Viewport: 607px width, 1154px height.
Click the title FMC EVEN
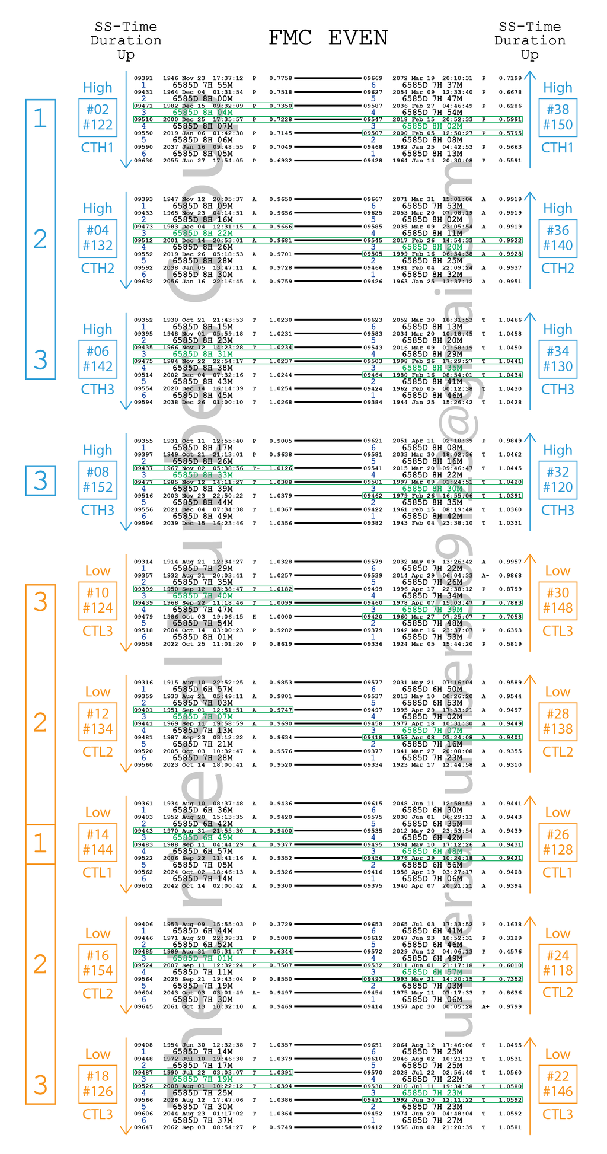pyautogui.click(x=328, y=38)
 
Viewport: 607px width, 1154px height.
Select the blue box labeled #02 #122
pyautogui.click(x=98, y=117)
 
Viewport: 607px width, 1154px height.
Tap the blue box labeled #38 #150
pyautogui.click(x=558, y=117)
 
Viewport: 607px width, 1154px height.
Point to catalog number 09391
pyautogui.click(x=143, y=78)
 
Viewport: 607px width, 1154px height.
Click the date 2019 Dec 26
pyautogui.click(x=178, y=254)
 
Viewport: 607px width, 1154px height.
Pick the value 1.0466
pyautogui.click(x=510, y=320)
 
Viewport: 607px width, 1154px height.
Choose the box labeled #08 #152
pyautogui.click(x=98, y=480)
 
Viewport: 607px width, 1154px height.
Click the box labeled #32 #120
pyautogui.click(x=558, y=480)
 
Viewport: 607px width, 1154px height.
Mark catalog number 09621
pyautogui.click(x=373, y=441)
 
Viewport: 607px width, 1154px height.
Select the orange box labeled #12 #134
pyautogui.click(x=98, y=721)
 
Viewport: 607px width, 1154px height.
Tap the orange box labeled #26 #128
pyautogui.click(x=558, y=842)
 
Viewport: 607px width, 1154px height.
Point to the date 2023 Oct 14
pyautogui.click(x=178, y=765)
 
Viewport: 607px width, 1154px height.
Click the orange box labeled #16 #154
pyautogui.click(x=98, y=963)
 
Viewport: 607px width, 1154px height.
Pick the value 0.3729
pyautogui.click(x=280, y=925)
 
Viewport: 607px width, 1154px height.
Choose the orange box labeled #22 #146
pyautogui.click(x=558, y=1084)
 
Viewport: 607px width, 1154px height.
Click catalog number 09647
pyautogui.click(x=143, y=1127)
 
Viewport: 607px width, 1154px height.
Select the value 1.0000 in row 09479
pyautogui.click(x=280, y=617)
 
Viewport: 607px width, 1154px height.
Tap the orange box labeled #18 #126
pyautogui.click(x=98, y=1084)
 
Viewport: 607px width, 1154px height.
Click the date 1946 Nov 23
pyautogui.click(x=178, y=78)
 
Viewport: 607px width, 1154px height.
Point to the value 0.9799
pyautogui.click(x=510, y=1006)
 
